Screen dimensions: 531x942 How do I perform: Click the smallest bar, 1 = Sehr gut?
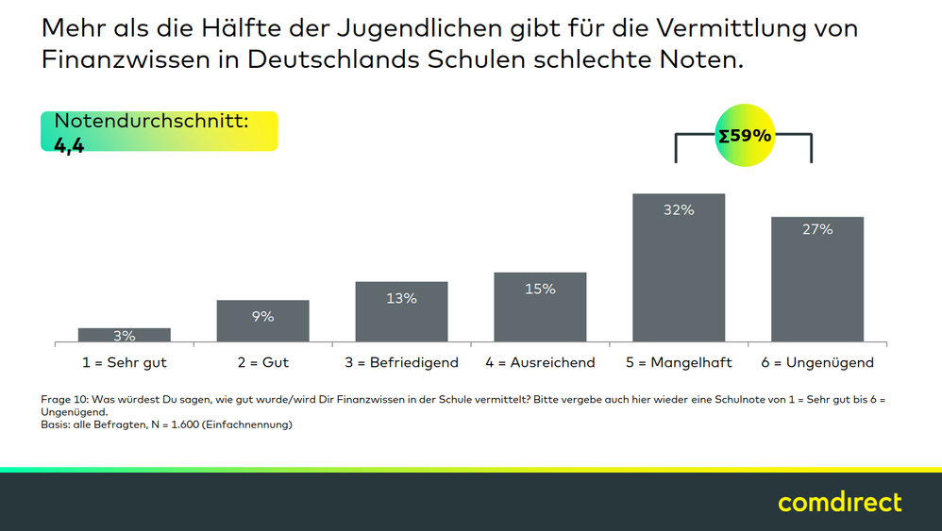pyautogui.click(x=125, y=336)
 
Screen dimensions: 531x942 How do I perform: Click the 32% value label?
pyautogui.click(x=679, y=210)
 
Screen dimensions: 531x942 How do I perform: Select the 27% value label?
pyautogui.click(x=817, y=229)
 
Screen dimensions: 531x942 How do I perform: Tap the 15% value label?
pyautogui.click(x=540, y=289)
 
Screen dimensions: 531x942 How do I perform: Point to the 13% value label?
pyautogui.click(x=401, y=298)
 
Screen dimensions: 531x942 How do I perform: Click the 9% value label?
pyautogui.click(x=262, y=317)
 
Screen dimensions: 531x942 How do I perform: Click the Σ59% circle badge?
pyautogui.click(x=745, y=136)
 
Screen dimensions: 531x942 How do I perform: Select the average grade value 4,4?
pyautogui.click(x=69, y=145)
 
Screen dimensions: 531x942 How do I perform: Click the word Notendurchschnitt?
pyautogui.click(x=151, y=121)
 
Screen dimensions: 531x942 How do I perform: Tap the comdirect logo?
pyautogui.click(x=839, y=502)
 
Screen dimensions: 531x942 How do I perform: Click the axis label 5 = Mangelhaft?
pyautogui.click(x=679, y=362)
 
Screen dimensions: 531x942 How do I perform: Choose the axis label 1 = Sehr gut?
pyautogui.click(x=125, y=362)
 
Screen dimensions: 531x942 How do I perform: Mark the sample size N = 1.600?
pyautogui.click(x=179, y=424)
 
